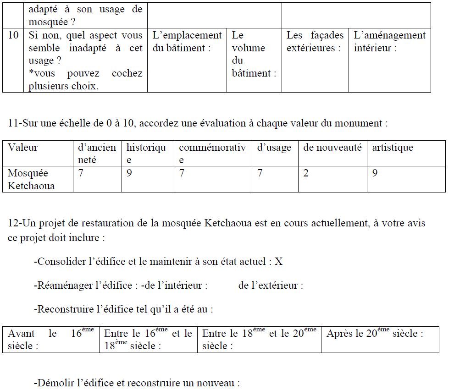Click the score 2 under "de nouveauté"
pos(306,173)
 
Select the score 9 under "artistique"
pos(375,173)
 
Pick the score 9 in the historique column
pos(129,173)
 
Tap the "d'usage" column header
pos(274,148)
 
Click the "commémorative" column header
pos(212,153)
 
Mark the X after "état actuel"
pos(278,262)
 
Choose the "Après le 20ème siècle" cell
pos(375,334)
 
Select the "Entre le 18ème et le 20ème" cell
pos(259,339)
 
